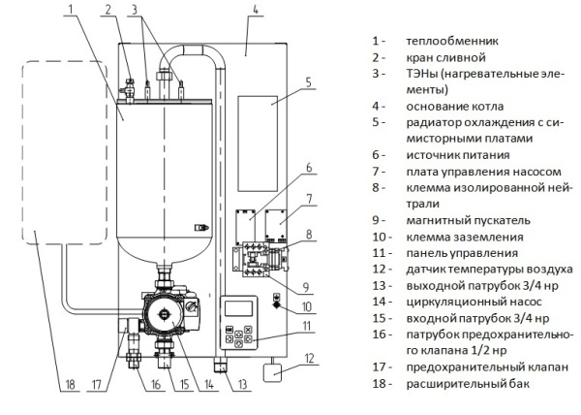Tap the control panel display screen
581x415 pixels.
(239, 311)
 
